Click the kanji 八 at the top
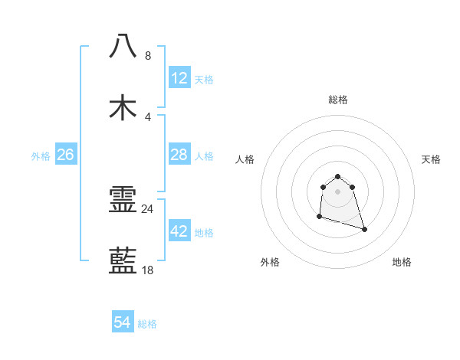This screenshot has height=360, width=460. click(123, 46)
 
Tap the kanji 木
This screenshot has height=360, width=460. click(123, 107)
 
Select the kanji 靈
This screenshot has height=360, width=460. click(123, 201)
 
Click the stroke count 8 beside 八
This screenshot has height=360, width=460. click(148, 56)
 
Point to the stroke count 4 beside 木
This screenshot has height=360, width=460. click(148, 117)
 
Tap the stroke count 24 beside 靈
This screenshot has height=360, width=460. click(148, 208)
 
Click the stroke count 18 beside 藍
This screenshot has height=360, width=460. click(148, 270)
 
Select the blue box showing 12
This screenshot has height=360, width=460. click(179, 78)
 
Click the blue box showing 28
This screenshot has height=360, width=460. click(179, 155)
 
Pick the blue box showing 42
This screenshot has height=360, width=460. click(179, 231)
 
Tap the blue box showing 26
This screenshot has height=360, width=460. click(65, 155)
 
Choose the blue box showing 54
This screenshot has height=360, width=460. click(122, 323)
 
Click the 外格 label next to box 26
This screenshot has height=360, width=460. click(41, 156)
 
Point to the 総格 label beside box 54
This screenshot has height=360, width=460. click(147, 324)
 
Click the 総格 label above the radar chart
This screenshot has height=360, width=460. click(337, 100)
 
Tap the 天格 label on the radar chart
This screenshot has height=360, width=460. click(431, 159)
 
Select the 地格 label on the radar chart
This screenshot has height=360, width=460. click(402, 262)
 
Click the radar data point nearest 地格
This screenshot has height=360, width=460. click(364, 229)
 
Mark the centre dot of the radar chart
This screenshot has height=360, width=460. click(337, 191)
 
